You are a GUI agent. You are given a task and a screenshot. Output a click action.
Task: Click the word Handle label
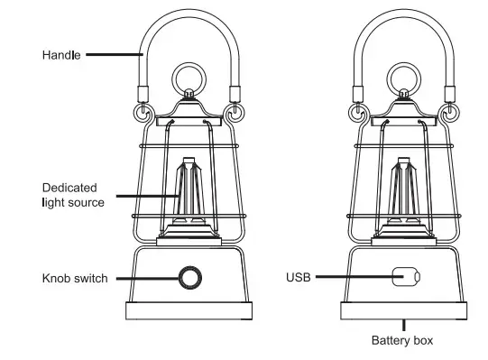pos(61,56)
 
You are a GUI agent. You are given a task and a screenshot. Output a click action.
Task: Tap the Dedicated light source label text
pos(73,195)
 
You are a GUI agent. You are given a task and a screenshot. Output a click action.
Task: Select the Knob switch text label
pos(75,278)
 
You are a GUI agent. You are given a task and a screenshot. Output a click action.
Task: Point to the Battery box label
pos(402,340)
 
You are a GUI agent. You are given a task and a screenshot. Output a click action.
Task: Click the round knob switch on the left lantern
pos(189,277)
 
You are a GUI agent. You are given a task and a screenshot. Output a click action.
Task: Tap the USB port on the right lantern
pos(407,277)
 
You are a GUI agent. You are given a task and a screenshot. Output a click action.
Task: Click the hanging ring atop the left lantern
pos(189,77)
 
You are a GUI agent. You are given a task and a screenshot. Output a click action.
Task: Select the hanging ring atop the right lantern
pos(405,77)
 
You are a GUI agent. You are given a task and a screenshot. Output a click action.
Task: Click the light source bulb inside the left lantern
pos(189,194)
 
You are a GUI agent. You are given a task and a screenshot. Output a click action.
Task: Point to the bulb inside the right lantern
pos(405,194)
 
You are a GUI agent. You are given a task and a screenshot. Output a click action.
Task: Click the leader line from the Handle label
pos(114,56)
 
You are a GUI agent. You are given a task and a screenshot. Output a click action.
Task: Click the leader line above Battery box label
pos(403,324)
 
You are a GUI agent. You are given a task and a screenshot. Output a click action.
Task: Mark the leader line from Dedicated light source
pos(144,195)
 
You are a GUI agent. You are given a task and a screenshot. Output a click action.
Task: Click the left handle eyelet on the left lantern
pos(143,113)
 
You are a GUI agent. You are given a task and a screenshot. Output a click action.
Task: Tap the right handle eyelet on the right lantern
pos(452,113)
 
